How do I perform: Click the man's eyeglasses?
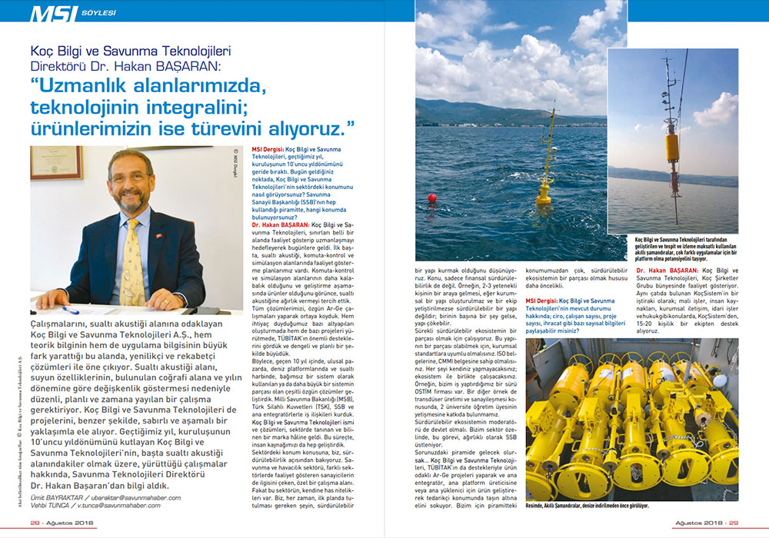128,178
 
